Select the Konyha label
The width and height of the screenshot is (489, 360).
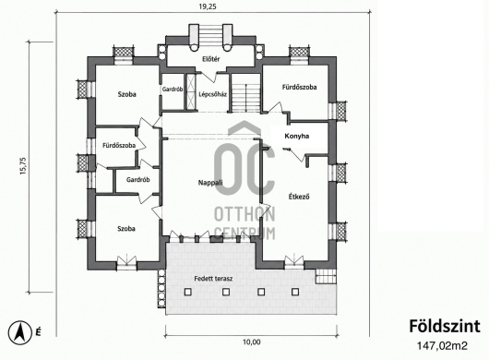296,136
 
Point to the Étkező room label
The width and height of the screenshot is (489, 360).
299,197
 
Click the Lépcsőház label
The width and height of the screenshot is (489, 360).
213,94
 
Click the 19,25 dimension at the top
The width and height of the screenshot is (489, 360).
208,6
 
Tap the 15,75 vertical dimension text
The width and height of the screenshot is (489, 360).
23,165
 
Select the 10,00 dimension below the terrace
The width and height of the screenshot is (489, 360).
251,342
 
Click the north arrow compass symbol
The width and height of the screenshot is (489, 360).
20,333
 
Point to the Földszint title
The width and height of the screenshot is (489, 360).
445,327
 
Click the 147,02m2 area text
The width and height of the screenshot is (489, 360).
442,346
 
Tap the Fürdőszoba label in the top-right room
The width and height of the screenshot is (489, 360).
299,87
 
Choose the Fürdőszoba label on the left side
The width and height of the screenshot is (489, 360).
119,145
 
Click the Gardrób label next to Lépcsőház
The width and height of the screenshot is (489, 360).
173,90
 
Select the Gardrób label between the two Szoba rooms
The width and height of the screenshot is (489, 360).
138,180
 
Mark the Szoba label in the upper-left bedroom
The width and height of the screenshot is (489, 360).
127,94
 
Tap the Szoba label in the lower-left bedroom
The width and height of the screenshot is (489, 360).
126,229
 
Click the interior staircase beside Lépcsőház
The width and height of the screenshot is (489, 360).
245,93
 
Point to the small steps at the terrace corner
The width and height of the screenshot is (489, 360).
327,276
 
